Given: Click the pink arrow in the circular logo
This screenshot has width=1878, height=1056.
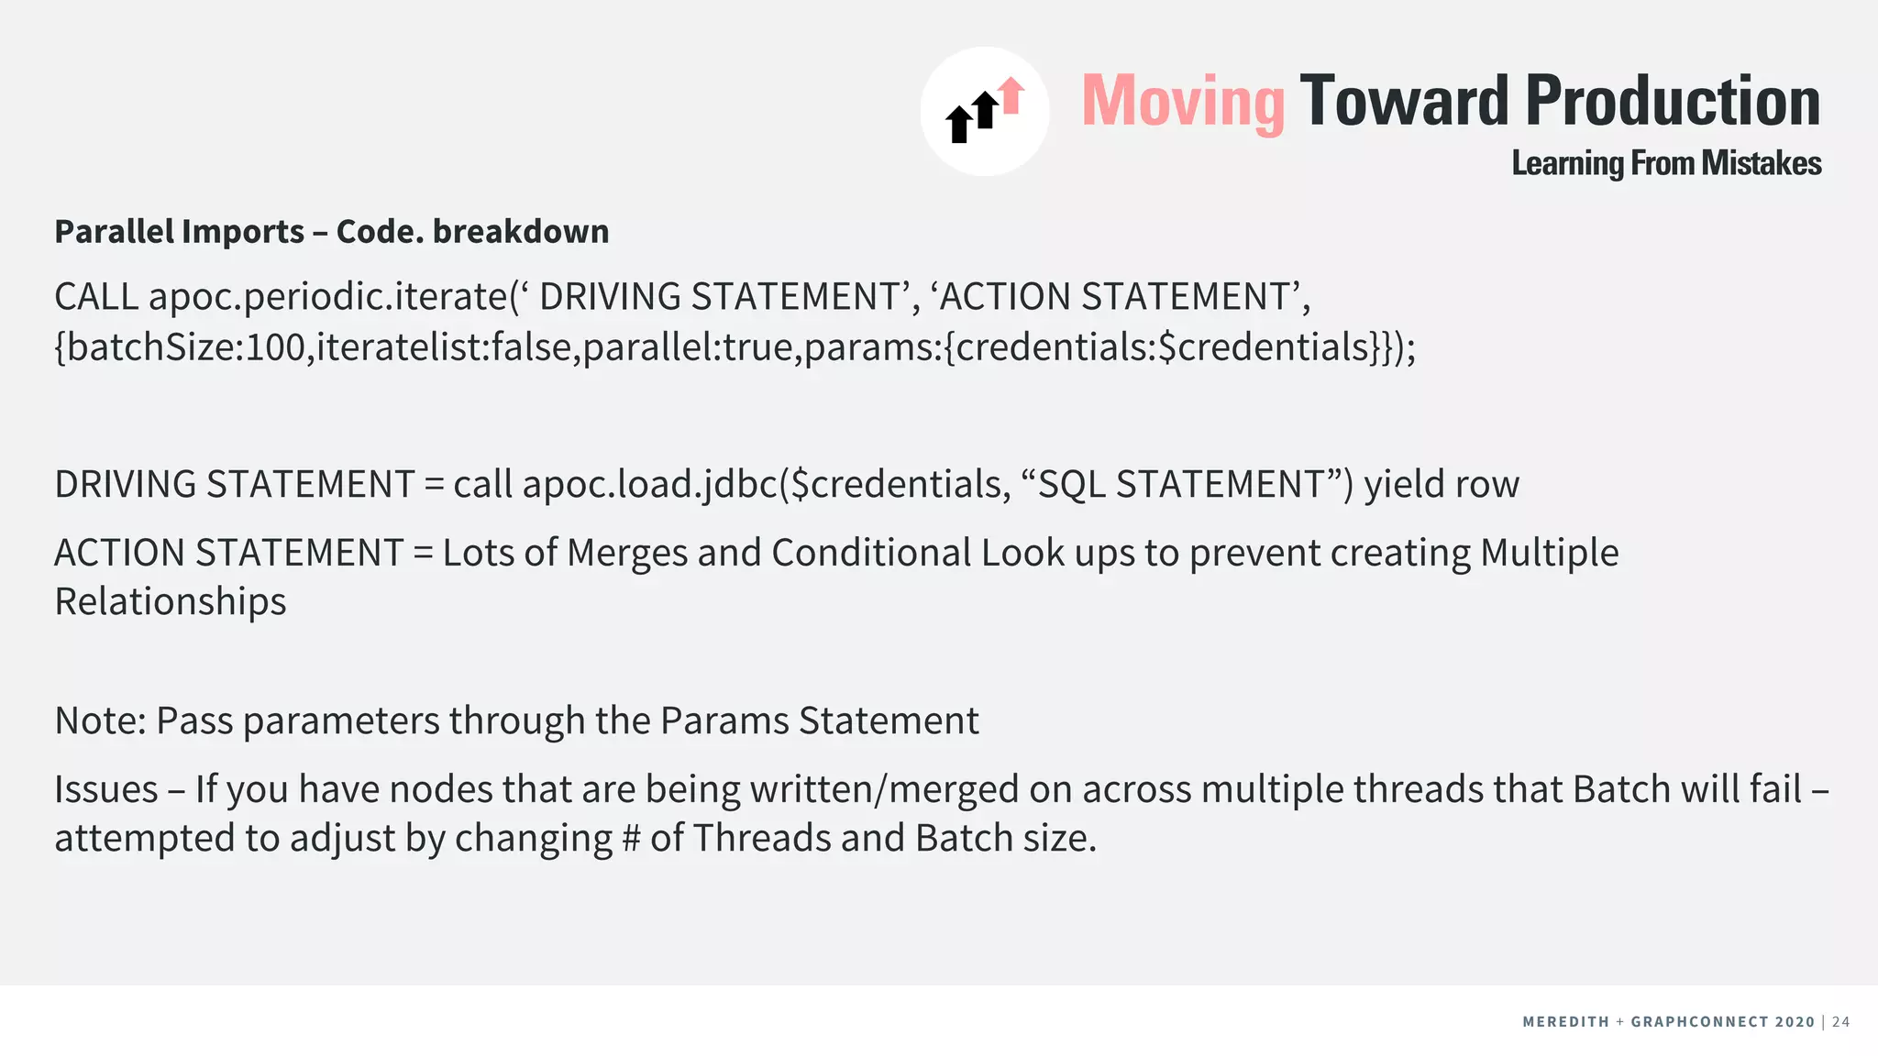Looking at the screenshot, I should click(x=1011, y=95).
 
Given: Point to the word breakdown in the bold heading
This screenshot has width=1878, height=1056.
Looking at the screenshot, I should click(x=521, y=232).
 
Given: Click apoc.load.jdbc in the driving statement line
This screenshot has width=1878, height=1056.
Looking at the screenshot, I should click(x=649, y=484).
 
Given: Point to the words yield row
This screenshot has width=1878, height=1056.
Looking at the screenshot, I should click(x=1442, y=484).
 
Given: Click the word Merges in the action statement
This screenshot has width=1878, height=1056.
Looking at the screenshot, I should click(x=627, y=553).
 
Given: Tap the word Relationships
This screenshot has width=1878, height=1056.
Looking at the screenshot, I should click(x=171, y=602).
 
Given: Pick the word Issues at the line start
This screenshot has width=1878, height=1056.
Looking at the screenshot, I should click(x=106, y=789).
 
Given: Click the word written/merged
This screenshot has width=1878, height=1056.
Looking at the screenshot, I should click(x=884, y=789).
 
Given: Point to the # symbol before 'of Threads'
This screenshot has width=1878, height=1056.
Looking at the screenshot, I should click(x=631, y=839).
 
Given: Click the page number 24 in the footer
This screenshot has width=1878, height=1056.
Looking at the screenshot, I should click(x=1840, y=1022).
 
